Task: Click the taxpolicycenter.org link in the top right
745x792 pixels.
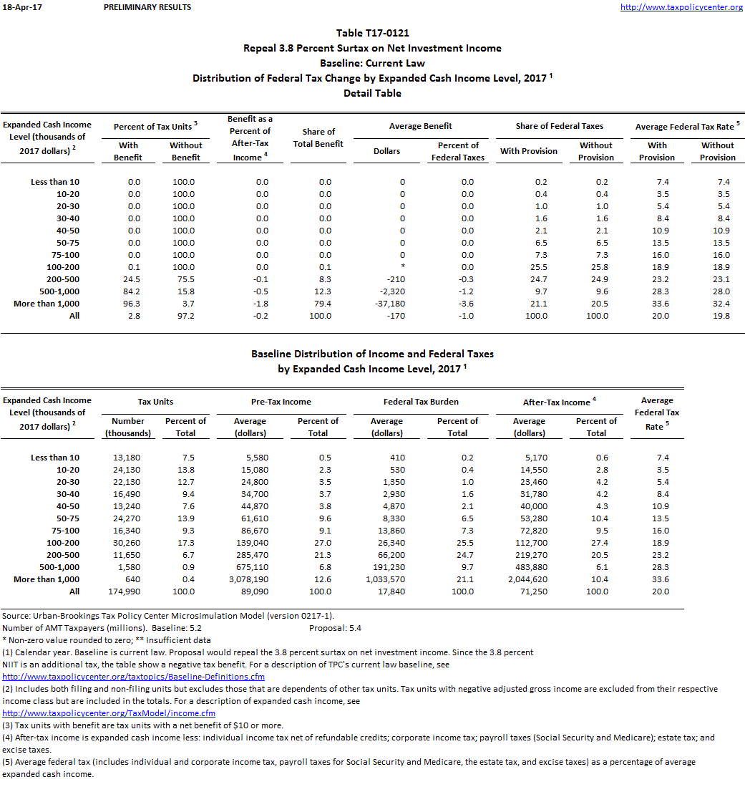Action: [681, 7]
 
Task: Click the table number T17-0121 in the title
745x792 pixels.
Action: [372, 33]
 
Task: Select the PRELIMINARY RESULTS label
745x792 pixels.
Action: [147, 7]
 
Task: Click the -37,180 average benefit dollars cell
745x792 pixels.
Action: [391, 304]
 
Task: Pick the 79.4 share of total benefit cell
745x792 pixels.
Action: [325, 304]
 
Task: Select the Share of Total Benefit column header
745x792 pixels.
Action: [318, 137]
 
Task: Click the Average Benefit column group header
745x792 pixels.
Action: [420, 126]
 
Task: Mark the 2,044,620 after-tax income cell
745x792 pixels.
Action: [529, 579]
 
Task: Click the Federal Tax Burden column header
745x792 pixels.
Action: [421, 402]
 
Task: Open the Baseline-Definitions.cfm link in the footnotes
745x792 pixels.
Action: [134, 677]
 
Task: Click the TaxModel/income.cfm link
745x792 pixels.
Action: [109, 713]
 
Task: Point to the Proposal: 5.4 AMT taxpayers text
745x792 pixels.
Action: [335, 628]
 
